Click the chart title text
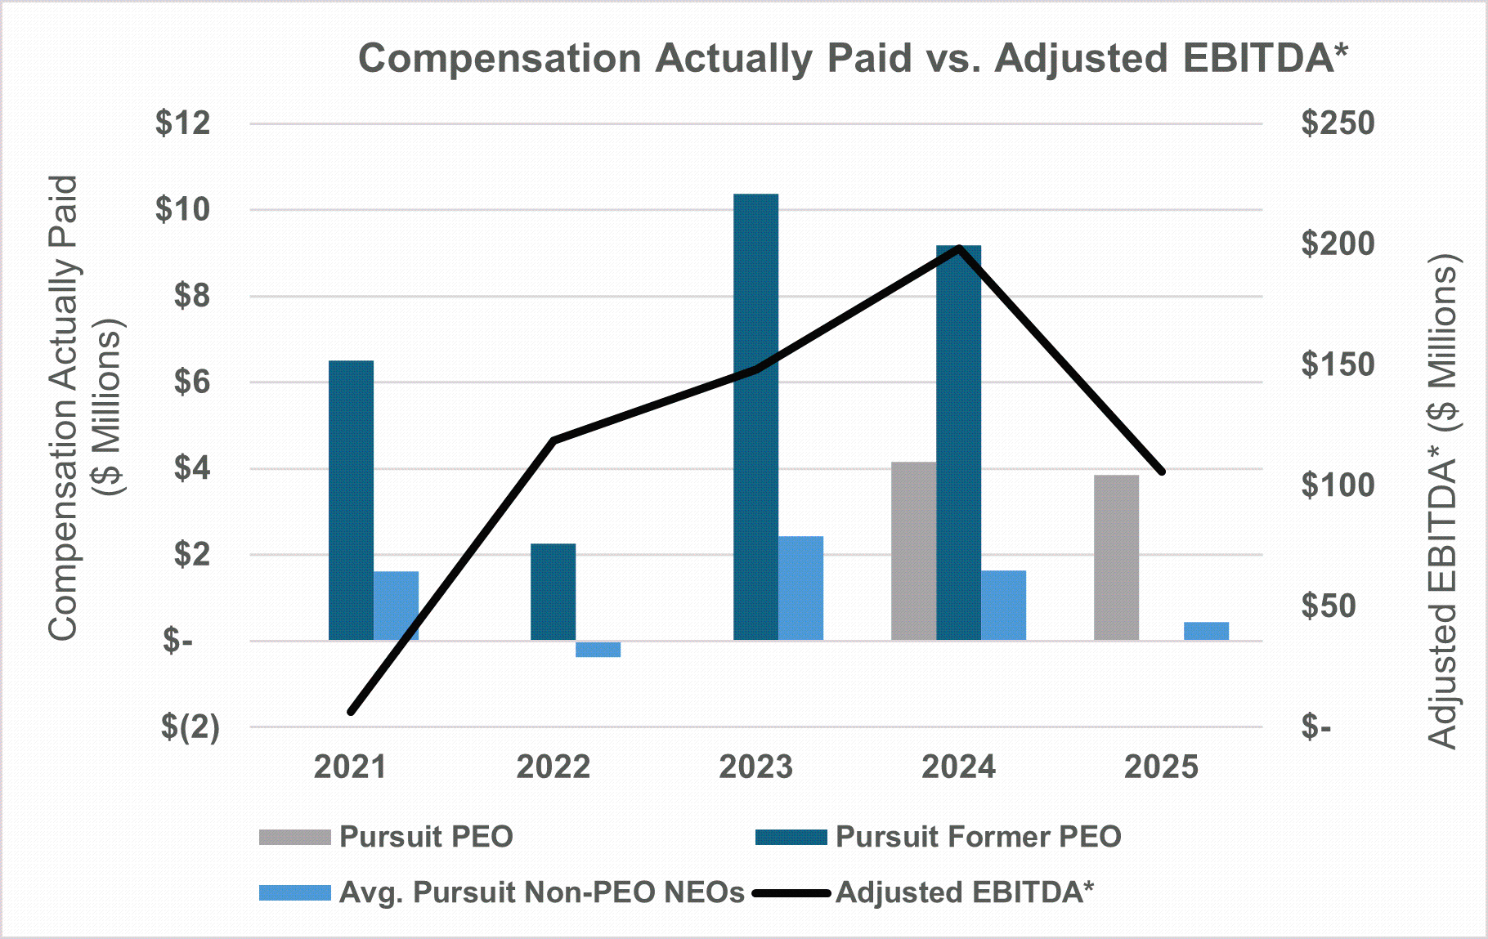[x=853, y=59]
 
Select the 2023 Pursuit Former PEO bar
[x=755, y=417]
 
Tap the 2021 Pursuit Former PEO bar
[x=351, y=500]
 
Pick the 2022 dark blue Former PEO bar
[x=553, y=592]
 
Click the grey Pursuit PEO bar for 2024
[x=913, y=551]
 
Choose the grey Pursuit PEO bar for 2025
[x=1116, y=557]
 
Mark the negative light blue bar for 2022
[x=598, y=649]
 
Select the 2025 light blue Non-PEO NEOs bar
[x=1206, y=631]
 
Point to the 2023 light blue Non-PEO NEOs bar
[x=800, y=588]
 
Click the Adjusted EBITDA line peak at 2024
[x=959, y=248]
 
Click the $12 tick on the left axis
[x=183, y=123]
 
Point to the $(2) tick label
[x=190, y=727]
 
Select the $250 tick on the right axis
[x=1338, y=123]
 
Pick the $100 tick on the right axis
[x=1338, y=485]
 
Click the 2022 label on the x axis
[x=553, y=767]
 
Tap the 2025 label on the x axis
[x=1161, y=767]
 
